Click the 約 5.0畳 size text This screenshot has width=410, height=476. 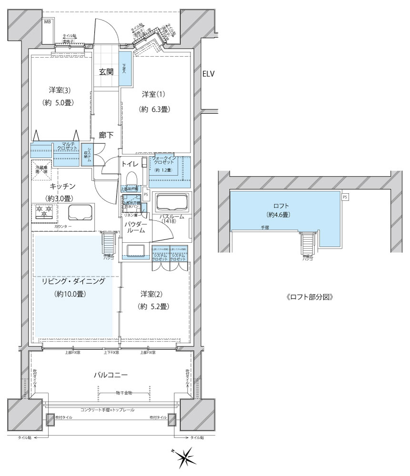click(x=60, y=102)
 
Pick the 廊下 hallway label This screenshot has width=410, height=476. click(x=106, y=135)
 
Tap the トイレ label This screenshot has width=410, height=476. click(x=130, y=164)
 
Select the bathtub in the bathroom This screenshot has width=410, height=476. click(x=172, y=203)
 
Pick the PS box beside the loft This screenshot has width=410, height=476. click(x=344, y=196)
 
